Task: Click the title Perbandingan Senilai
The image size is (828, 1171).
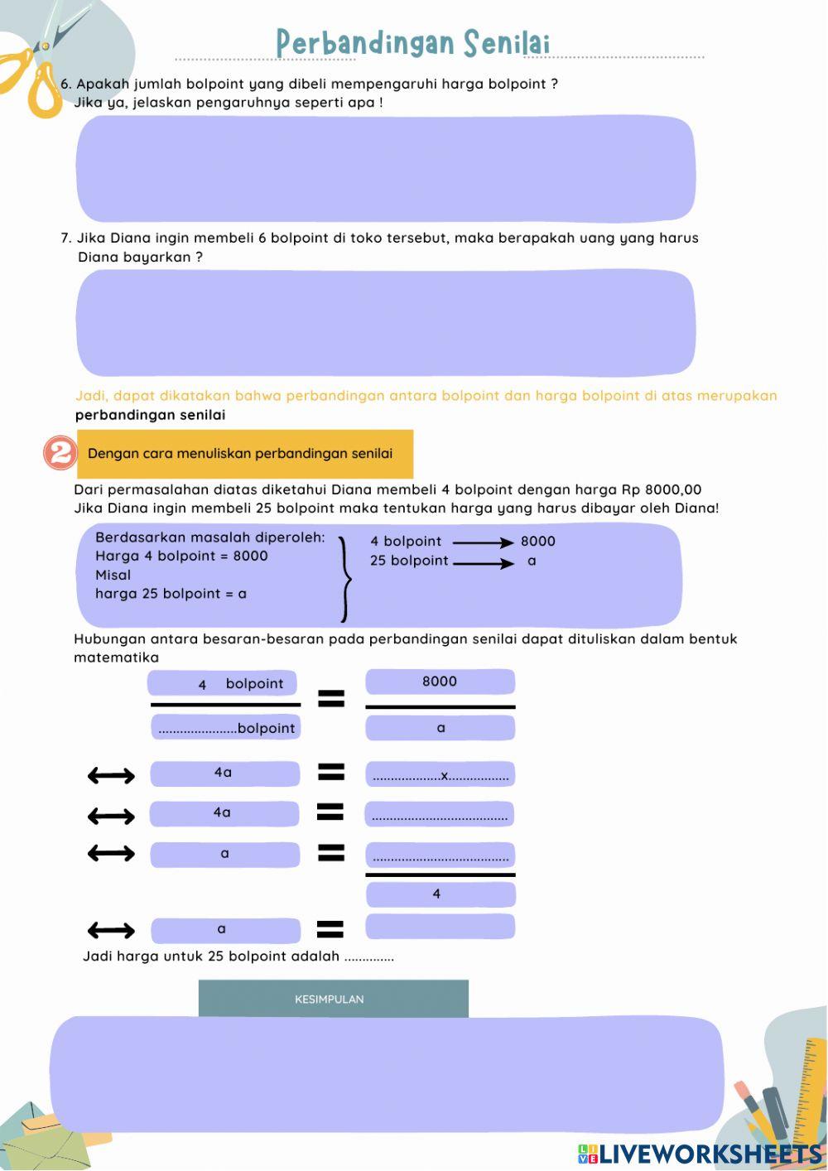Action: (x=413, y=43)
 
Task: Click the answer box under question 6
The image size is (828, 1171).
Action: (x=386, y=169)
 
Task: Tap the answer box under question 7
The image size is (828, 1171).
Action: (x=386, y=323)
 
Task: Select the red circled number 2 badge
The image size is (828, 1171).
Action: (x=60, y=454)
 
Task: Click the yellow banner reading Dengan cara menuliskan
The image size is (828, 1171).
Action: (x=245, y=454)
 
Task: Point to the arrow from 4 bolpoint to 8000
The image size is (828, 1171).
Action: (x=484, y=542)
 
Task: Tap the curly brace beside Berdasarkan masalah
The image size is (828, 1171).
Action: (x=345, y=577)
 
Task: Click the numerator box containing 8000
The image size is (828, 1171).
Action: (x=440, y=682)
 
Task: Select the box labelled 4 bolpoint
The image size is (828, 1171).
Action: (x=222, y=683)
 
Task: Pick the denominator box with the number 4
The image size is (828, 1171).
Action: (x=440, y=894)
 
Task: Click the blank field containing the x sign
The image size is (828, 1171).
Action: (x=440, y=775)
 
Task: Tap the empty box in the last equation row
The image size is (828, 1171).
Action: (x=440, y=927)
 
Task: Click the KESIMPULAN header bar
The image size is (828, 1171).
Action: (x=333, y=999)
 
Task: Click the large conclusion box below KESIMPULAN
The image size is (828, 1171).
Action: (x=386, y=1074)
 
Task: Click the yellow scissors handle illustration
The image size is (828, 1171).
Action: (x=33, y=83)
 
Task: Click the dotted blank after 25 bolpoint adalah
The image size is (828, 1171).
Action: (x=369, y=958)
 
